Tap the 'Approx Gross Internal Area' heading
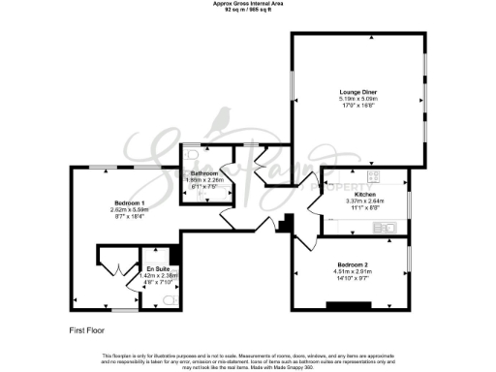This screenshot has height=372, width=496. click(x=248, y=4)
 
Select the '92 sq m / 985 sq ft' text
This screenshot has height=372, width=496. click(x=248, y=10)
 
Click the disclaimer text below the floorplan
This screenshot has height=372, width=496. click(x=248, y=359)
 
